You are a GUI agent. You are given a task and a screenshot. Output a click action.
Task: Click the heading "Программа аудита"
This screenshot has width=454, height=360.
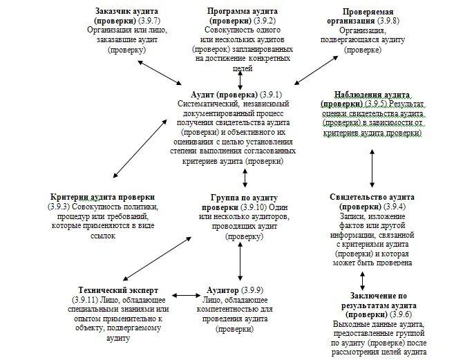pos(238,12)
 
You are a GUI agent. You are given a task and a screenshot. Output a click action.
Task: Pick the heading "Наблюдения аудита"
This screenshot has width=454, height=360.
pos(373,95)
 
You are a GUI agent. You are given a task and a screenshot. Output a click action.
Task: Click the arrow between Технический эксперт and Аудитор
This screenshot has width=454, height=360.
pos(185,295)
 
